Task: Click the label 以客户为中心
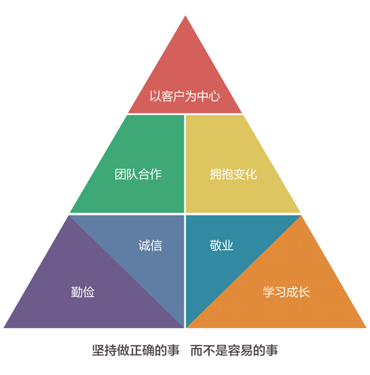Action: click(x=185, y=96)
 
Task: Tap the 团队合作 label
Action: click(x=138, y=174)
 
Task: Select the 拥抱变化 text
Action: click(x=233, y=174)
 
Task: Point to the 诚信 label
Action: click(x=150, y=245)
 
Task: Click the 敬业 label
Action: click(x=221, y=245)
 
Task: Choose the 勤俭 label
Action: click(x=83, y=292)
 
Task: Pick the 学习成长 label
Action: click(x=286, y=292)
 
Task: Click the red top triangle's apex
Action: click(x=185, y=15)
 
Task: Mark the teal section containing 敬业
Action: click(x=215, y=249)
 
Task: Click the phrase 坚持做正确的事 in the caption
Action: click(x=136, y=351)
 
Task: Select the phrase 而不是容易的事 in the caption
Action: click(x=234, y=351)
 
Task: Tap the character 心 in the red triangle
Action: click(x=214, y=96)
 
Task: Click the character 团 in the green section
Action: click(x=120, y=174)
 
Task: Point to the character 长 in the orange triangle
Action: click(x=304, y=292)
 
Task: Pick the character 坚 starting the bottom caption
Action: click(x=98, y=351)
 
